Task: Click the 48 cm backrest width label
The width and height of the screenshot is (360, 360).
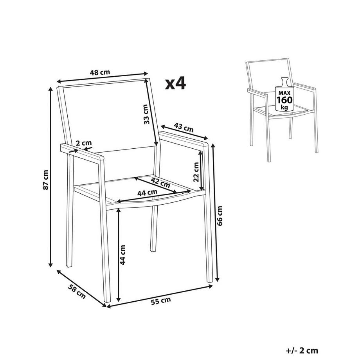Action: click(100, 72)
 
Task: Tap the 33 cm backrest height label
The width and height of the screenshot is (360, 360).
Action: click(146, 114)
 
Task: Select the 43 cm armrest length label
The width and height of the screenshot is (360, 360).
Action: click(184, 128)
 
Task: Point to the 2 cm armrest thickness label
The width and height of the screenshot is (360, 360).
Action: click(84, 143)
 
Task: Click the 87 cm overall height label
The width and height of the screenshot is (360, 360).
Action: click(45, 180)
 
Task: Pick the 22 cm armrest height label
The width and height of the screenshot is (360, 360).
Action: click(196, 172)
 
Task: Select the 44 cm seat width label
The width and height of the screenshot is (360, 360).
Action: click(147, 192)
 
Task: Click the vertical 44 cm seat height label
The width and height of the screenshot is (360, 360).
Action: click(123, 255)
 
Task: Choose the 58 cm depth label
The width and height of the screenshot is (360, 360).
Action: click(77, 292)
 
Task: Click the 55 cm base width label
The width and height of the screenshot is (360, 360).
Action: click(161, 301)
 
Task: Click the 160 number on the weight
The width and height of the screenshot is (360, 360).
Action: click(285, 100)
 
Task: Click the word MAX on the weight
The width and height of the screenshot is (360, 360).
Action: click(285, 93)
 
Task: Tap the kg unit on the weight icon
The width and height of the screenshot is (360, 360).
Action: click(284, 108)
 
